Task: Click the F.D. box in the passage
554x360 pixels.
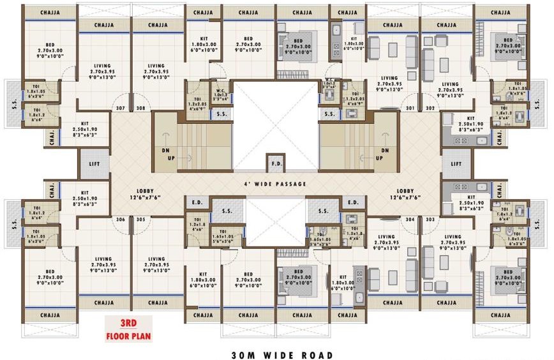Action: (x=276, y=163)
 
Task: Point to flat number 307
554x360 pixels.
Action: (x=120, y=108)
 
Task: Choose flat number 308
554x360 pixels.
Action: (x=140, y=108)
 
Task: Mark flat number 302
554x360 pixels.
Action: (x=430, y=108)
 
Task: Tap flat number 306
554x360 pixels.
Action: (x=120, y=220)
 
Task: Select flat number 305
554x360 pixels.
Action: (x=140, y=220)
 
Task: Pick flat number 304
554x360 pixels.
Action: (x=410, y=220)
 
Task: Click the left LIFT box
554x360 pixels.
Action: (x=95, y=164)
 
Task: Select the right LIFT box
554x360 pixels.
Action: (x=456, y=164)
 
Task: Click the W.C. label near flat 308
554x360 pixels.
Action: (x=219, y=87)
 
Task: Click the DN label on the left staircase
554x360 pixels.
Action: (x=164, y=151)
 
